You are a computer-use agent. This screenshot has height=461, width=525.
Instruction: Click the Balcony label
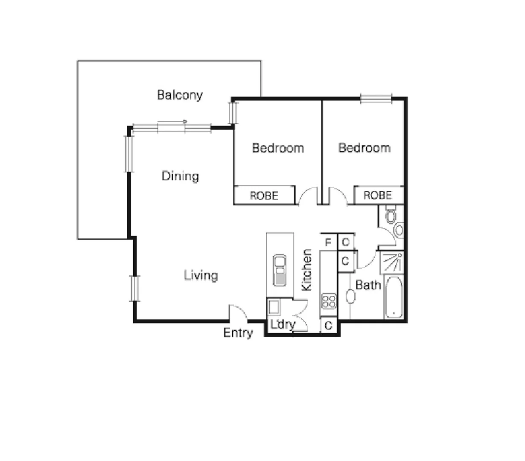(180, 95)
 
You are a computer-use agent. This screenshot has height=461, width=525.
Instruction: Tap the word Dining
(180, 176)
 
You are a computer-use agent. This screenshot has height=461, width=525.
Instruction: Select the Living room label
(201, 275)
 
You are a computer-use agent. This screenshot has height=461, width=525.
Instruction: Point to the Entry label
(238, 333)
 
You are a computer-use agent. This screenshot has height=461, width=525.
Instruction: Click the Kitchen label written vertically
(307, 270)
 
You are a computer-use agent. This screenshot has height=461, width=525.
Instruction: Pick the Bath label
(367, 285)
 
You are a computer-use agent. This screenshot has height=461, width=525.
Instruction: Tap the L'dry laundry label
(283, 324)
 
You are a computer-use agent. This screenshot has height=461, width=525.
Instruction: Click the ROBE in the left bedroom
(264, 195)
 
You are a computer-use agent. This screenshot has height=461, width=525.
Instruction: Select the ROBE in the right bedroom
(378, 195)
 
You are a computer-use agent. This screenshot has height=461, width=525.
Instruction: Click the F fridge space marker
(328, 242)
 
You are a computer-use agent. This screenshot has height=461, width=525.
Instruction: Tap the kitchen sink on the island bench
(280, 270)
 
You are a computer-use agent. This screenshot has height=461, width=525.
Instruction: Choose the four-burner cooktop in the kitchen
(329, 301)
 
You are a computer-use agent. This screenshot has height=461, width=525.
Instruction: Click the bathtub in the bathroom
(393, 298)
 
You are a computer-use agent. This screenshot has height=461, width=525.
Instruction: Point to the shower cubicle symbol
(392, 263)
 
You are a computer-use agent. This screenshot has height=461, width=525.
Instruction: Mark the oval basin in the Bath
(350, 296)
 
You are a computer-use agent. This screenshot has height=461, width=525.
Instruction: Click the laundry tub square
(273, 306)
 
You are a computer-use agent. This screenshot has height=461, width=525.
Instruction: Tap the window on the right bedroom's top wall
(376, 99)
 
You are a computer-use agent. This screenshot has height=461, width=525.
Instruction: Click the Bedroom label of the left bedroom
(278, 148)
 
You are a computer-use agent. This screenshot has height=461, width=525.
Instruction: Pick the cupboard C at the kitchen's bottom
(328, 326)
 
